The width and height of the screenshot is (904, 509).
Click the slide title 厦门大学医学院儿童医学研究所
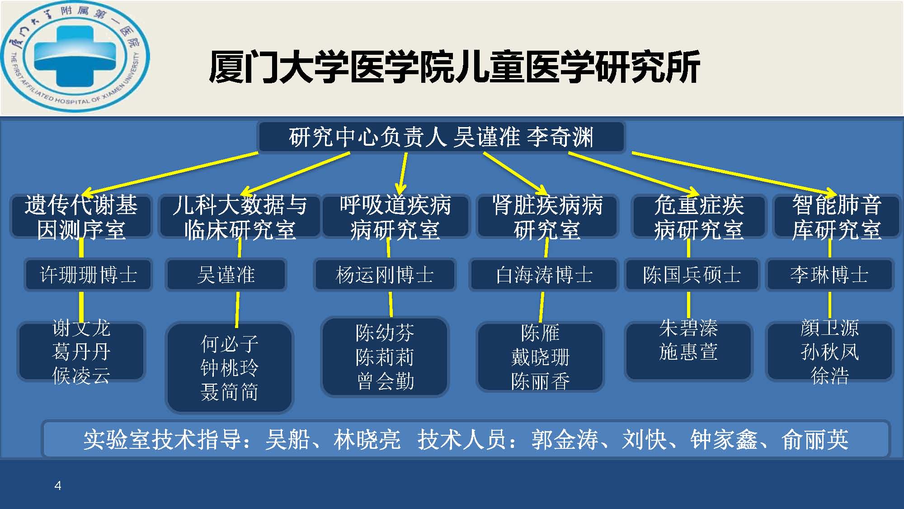454,67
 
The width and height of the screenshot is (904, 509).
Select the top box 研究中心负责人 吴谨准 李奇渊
441,137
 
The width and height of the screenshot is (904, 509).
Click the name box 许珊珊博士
89,275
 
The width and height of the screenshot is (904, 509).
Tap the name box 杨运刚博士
385,275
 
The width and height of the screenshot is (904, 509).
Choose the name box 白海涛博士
544,275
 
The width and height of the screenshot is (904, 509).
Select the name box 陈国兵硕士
692,275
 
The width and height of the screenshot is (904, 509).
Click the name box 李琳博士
829,275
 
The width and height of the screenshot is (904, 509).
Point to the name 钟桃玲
230,368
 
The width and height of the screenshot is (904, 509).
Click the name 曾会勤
385,381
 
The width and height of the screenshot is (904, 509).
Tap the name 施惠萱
688,352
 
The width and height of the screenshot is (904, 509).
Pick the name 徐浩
830,376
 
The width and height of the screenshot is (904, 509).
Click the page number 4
58,486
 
